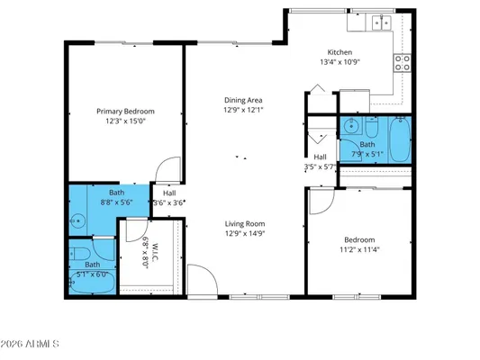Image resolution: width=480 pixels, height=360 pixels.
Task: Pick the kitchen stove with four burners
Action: click(403, 63)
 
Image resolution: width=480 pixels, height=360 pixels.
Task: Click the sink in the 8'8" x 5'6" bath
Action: click(77, 217)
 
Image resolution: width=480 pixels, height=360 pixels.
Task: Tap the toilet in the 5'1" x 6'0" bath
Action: click(80, 252)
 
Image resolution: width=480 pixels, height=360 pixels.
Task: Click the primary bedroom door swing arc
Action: click(164, 171)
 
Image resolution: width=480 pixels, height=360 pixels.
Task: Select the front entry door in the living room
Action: click(203, 279)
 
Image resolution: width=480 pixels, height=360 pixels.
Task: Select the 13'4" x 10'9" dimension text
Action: click(340, 63)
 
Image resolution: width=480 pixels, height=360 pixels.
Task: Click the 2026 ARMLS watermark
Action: click(32, 344)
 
